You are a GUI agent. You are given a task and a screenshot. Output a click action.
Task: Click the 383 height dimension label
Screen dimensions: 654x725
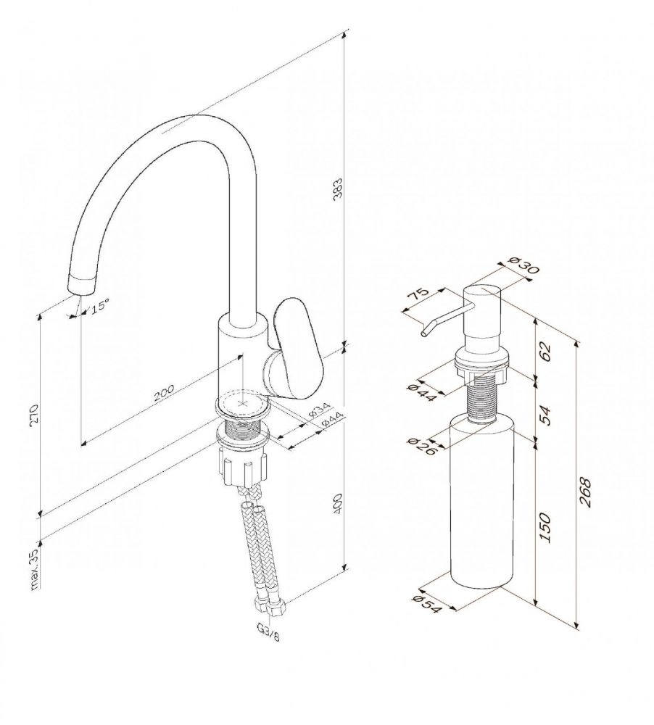click(x=338, y=188)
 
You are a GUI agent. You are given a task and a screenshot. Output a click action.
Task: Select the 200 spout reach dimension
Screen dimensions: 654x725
click(x=164, y=392)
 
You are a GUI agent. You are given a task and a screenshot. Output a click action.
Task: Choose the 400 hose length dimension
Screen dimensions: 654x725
click(x=338, y=505)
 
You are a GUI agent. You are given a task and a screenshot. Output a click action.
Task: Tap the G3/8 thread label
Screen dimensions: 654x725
click(x=268, y=632)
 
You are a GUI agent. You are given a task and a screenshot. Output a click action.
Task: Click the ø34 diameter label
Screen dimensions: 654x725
click(x=319, y=409)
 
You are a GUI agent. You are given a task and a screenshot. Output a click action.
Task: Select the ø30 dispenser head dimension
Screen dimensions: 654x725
click(x=523, y=266)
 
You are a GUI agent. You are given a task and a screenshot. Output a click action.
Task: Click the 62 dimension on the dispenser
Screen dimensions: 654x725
click(x=546, y=352)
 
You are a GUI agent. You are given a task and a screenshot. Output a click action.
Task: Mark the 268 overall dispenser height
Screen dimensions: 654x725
click(x=585, y=493)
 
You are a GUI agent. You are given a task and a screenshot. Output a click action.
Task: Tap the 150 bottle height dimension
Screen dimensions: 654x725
click(x=546, y=528)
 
